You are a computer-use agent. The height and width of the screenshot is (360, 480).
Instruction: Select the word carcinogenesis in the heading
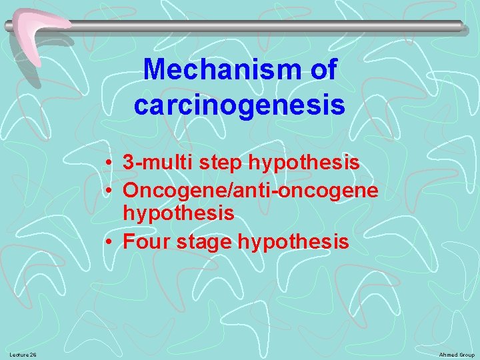pos(239,105)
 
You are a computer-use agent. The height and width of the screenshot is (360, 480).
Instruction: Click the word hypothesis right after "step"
pos(304,162)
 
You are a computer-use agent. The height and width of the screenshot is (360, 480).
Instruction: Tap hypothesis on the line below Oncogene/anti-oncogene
pos(179,213)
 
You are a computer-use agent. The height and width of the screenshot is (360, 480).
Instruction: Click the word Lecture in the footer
pos(19,355)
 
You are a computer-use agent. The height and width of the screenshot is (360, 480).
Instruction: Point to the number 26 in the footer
pos(33,355)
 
